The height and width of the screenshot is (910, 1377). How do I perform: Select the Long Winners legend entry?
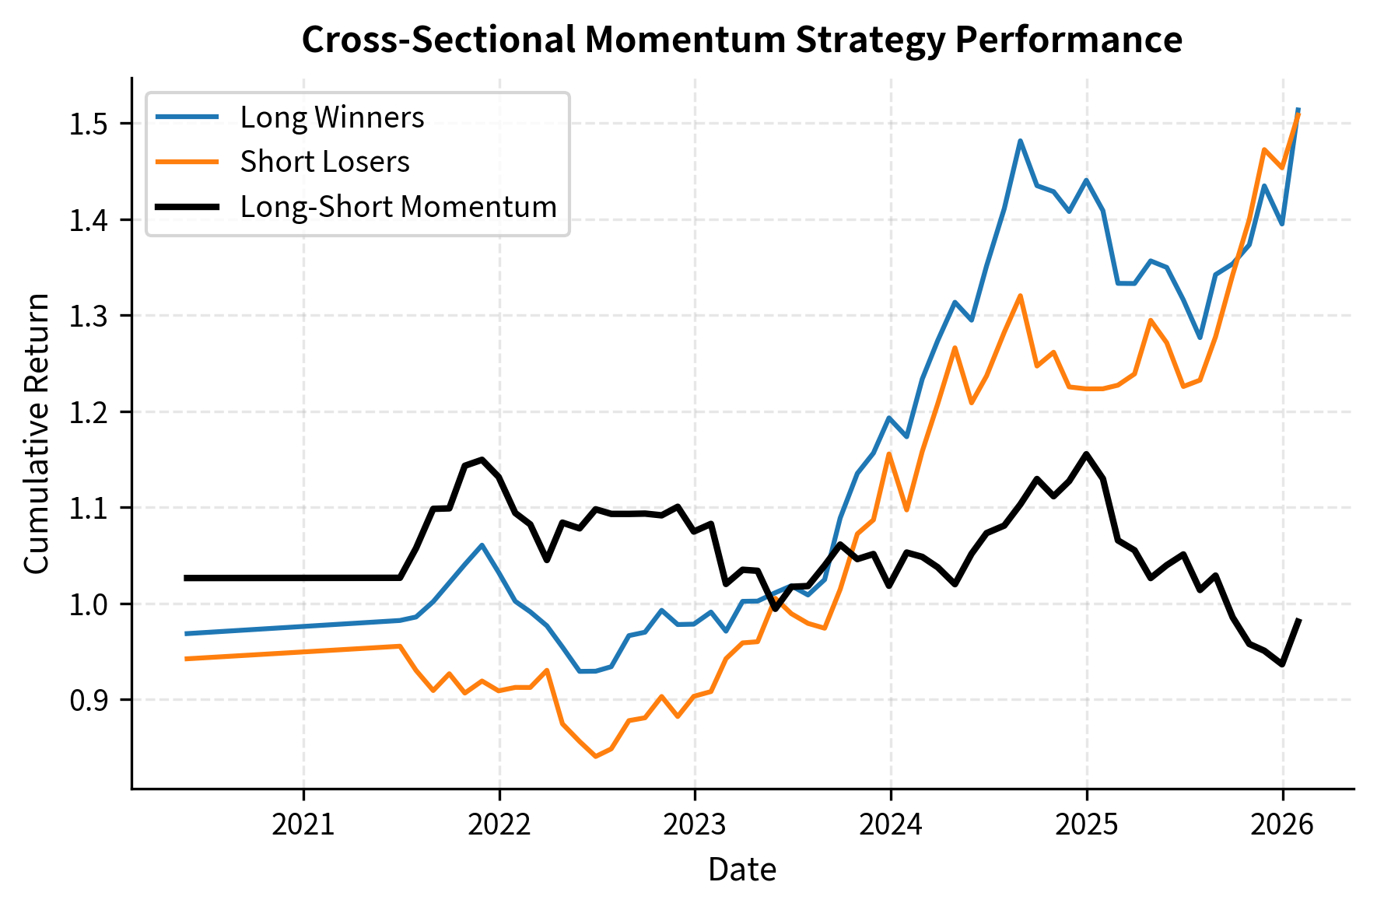pos(331,117)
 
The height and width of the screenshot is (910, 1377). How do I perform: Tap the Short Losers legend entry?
pos(324,162)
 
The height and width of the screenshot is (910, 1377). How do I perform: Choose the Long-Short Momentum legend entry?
pos(398,207)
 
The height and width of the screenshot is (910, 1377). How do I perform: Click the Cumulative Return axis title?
pos(37,434)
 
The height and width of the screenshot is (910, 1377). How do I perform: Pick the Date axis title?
pos(741,870)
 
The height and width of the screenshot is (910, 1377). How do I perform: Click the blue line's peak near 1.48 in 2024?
pos(1020,141)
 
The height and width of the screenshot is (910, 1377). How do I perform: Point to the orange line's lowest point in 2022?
pos(595,756)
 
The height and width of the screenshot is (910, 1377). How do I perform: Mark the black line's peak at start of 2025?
pos(1086,453)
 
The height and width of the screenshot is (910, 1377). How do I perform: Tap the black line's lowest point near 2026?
pos(1281,664)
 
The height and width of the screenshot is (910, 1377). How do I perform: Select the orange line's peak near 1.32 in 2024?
pos(1020,296)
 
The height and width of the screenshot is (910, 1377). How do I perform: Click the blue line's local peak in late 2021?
pos(482,544)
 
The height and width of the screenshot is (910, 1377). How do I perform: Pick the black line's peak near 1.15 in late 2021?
pos(482,459)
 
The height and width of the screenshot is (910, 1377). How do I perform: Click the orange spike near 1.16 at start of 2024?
pos(889,453)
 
